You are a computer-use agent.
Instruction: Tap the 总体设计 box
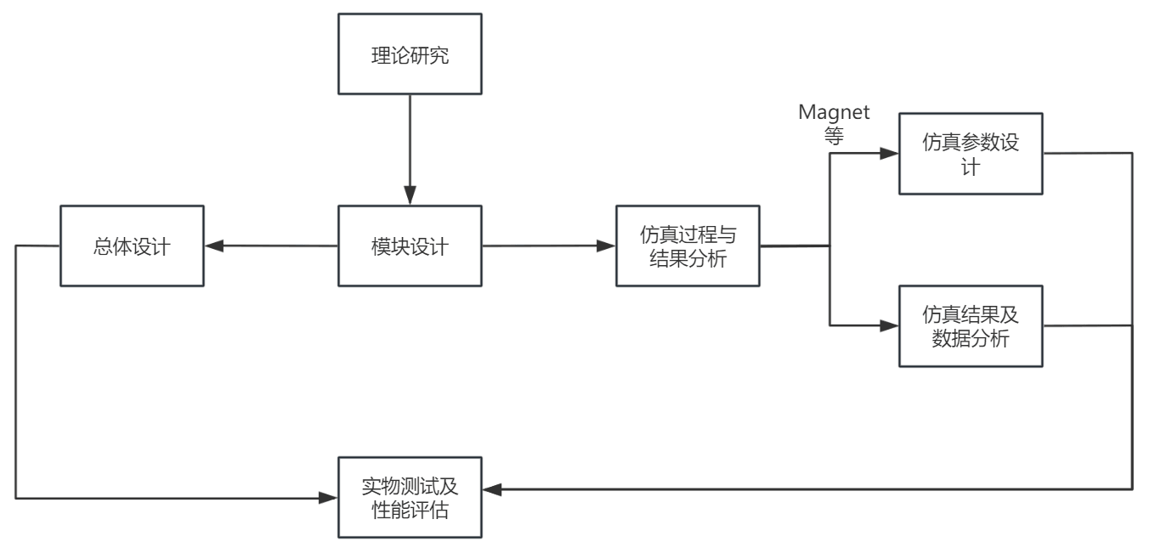(132, 246)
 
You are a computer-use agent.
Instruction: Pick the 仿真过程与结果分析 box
(688, 246)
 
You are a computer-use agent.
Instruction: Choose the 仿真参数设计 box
(971, 155)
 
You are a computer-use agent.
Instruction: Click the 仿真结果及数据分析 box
(971, 326)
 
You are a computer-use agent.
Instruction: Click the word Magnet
(834, 112)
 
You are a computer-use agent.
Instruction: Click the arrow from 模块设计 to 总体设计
(272, 246)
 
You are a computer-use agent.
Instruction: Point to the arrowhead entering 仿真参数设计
(890, 154)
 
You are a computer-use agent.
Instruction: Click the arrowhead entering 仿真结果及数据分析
(890, 325)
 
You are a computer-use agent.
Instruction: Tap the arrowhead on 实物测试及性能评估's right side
(491, 489)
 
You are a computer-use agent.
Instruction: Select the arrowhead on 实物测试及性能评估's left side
(329, 498)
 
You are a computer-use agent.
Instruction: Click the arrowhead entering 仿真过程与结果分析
(607, 246)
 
